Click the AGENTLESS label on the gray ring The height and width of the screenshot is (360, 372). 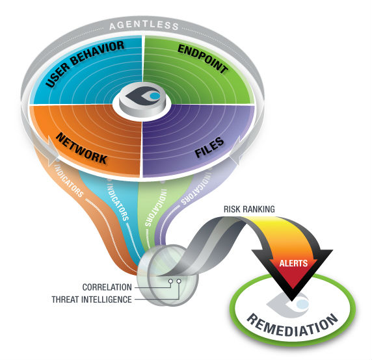pyautogui.click(x=144, y=25)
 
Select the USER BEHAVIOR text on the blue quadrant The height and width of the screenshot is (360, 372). pyautogui.click(x=85, y=63)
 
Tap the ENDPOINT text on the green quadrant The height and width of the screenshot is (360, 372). pyautogui.click(x=203, y=58)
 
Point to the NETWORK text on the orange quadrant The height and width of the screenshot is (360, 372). pyautogui.click(x=81, y=148)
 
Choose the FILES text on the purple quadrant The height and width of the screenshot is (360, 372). pyautogui.click(x=209, y=147)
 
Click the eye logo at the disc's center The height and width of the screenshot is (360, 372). pyautogui.click(x=143, y=96)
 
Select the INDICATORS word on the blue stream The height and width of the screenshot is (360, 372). pyautogui.click(x=118, y=202)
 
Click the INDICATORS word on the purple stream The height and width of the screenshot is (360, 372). pyautogui.click(x=196, y=188)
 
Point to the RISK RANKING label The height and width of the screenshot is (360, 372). pyautogui.click(x=249, y=209)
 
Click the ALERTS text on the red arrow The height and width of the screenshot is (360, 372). pyautogui.click(x=293, y=263)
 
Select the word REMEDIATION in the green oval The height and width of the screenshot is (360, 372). pyautogui.click(x=292, y=325)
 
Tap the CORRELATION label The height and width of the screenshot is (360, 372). pyautogui.click(x=107, y=287)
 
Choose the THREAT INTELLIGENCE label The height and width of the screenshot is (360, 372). pyautogui.click(x=92, y=300)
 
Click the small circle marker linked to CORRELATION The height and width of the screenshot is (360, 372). pyautogui.click(x=170, y=281)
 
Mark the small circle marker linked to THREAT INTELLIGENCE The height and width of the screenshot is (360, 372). pyautogui.click(x=179, y=281)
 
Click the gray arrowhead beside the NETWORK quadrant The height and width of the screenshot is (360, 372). pyautogui.click(x=52, y=151)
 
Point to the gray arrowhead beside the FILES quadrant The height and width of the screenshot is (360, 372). pyautogui.click(x=235, y=151)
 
